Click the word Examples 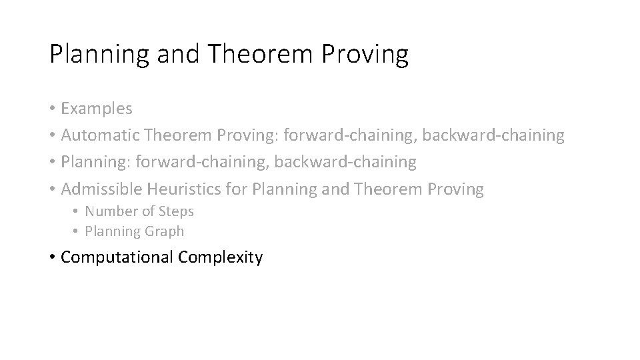(x=97, y=108)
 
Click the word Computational (x=117, y=257)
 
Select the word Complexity (x=220, y=257)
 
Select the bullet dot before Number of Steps (x=77, y=212)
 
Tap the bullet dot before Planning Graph (x=77, y=232)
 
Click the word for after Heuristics (x=237, y=189)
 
